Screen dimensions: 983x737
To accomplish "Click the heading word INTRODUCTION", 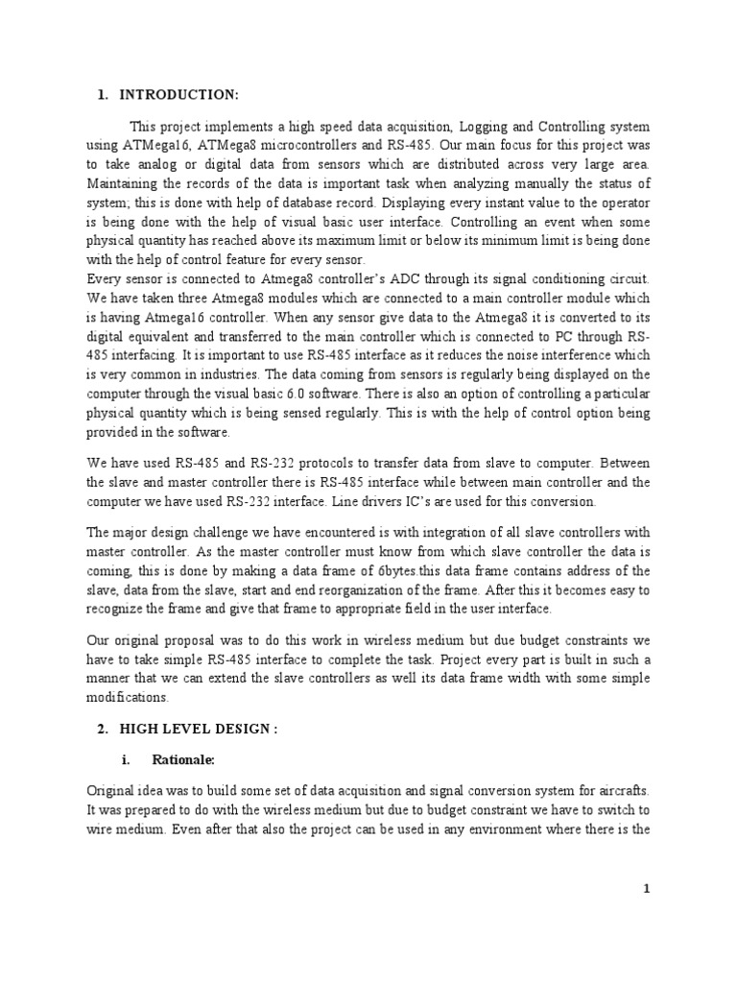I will (x=178, y=93).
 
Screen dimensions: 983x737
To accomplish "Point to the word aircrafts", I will (x=617, y=789).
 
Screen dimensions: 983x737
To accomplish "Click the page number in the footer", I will (x=647, y=888).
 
